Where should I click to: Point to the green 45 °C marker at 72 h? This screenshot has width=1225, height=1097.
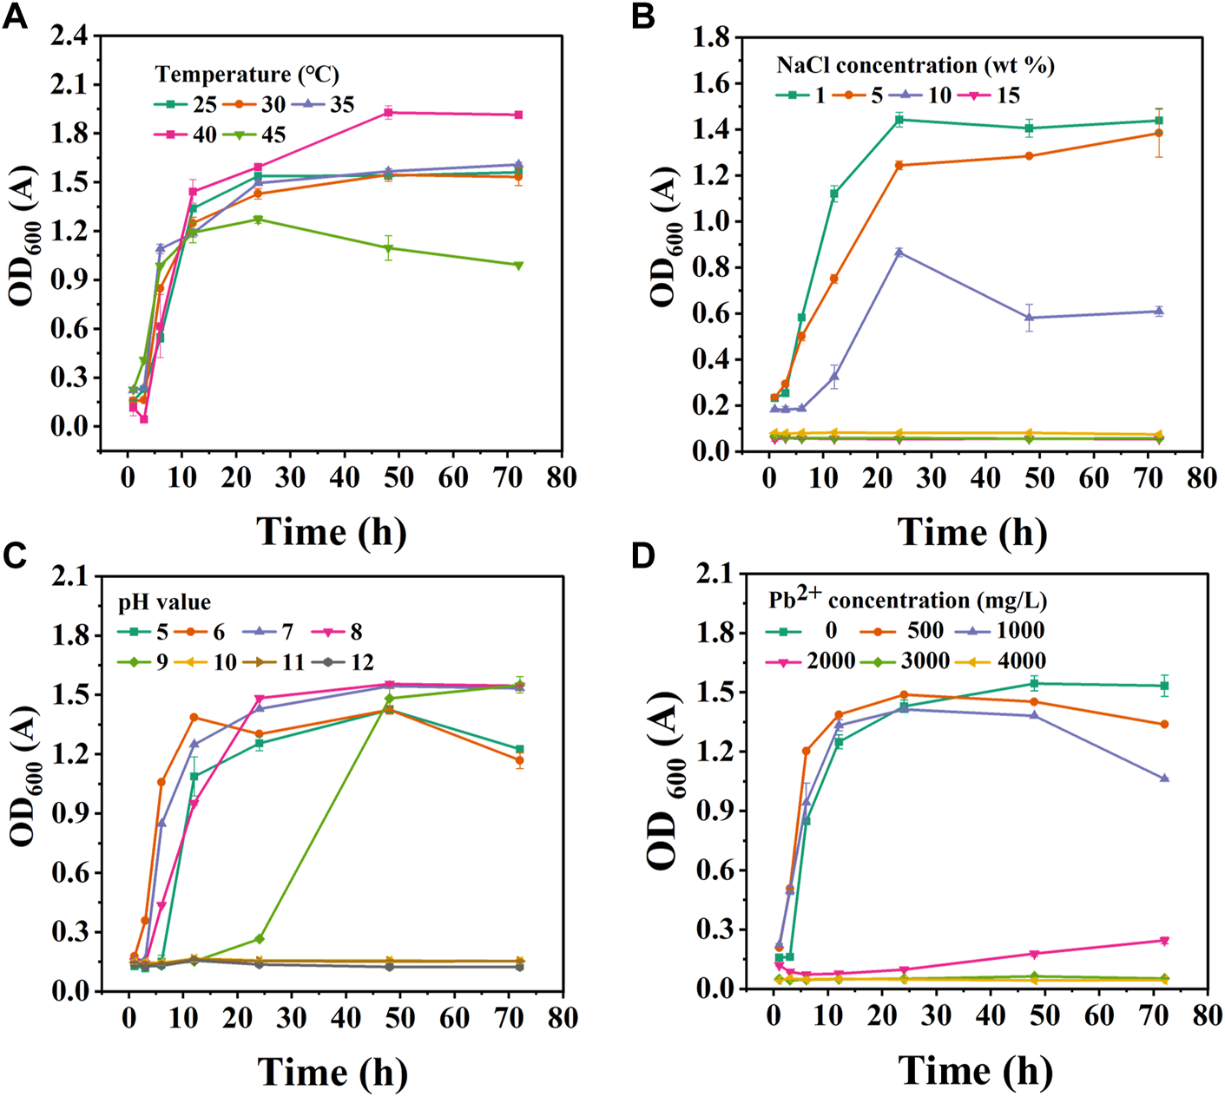(x=518, y=266)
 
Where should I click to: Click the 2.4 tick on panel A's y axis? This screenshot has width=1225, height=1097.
(x=69, y=36)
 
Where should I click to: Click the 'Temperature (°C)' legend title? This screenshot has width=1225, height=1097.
(x=247, y=75)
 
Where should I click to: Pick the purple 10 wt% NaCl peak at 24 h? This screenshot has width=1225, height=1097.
(x=899, y=253)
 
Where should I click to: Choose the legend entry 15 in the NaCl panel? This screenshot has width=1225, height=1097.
(x=993, y=95)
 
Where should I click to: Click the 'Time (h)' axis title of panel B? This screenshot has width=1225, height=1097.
(x=971, y=531)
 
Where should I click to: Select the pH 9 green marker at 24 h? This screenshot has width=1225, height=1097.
(x=260, y=939)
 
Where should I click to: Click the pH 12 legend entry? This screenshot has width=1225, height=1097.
(x=347, y=662)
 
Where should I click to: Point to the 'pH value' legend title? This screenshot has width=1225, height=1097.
(x=164, y=602)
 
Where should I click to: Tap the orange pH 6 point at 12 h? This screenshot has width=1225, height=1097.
(x=194, y=717)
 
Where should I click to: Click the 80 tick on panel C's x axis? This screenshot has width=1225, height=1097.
(x=562, y=1017)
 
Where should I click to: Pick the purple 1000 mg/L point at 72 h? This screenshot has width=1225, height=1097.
(x=1164, y=778)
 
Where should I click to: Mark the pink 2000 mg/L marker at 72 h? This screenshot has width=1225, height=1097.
(x=1164, y=941)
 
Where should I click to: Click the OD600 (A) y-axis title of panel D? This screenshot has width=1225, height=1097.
(x=671, y=781)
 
